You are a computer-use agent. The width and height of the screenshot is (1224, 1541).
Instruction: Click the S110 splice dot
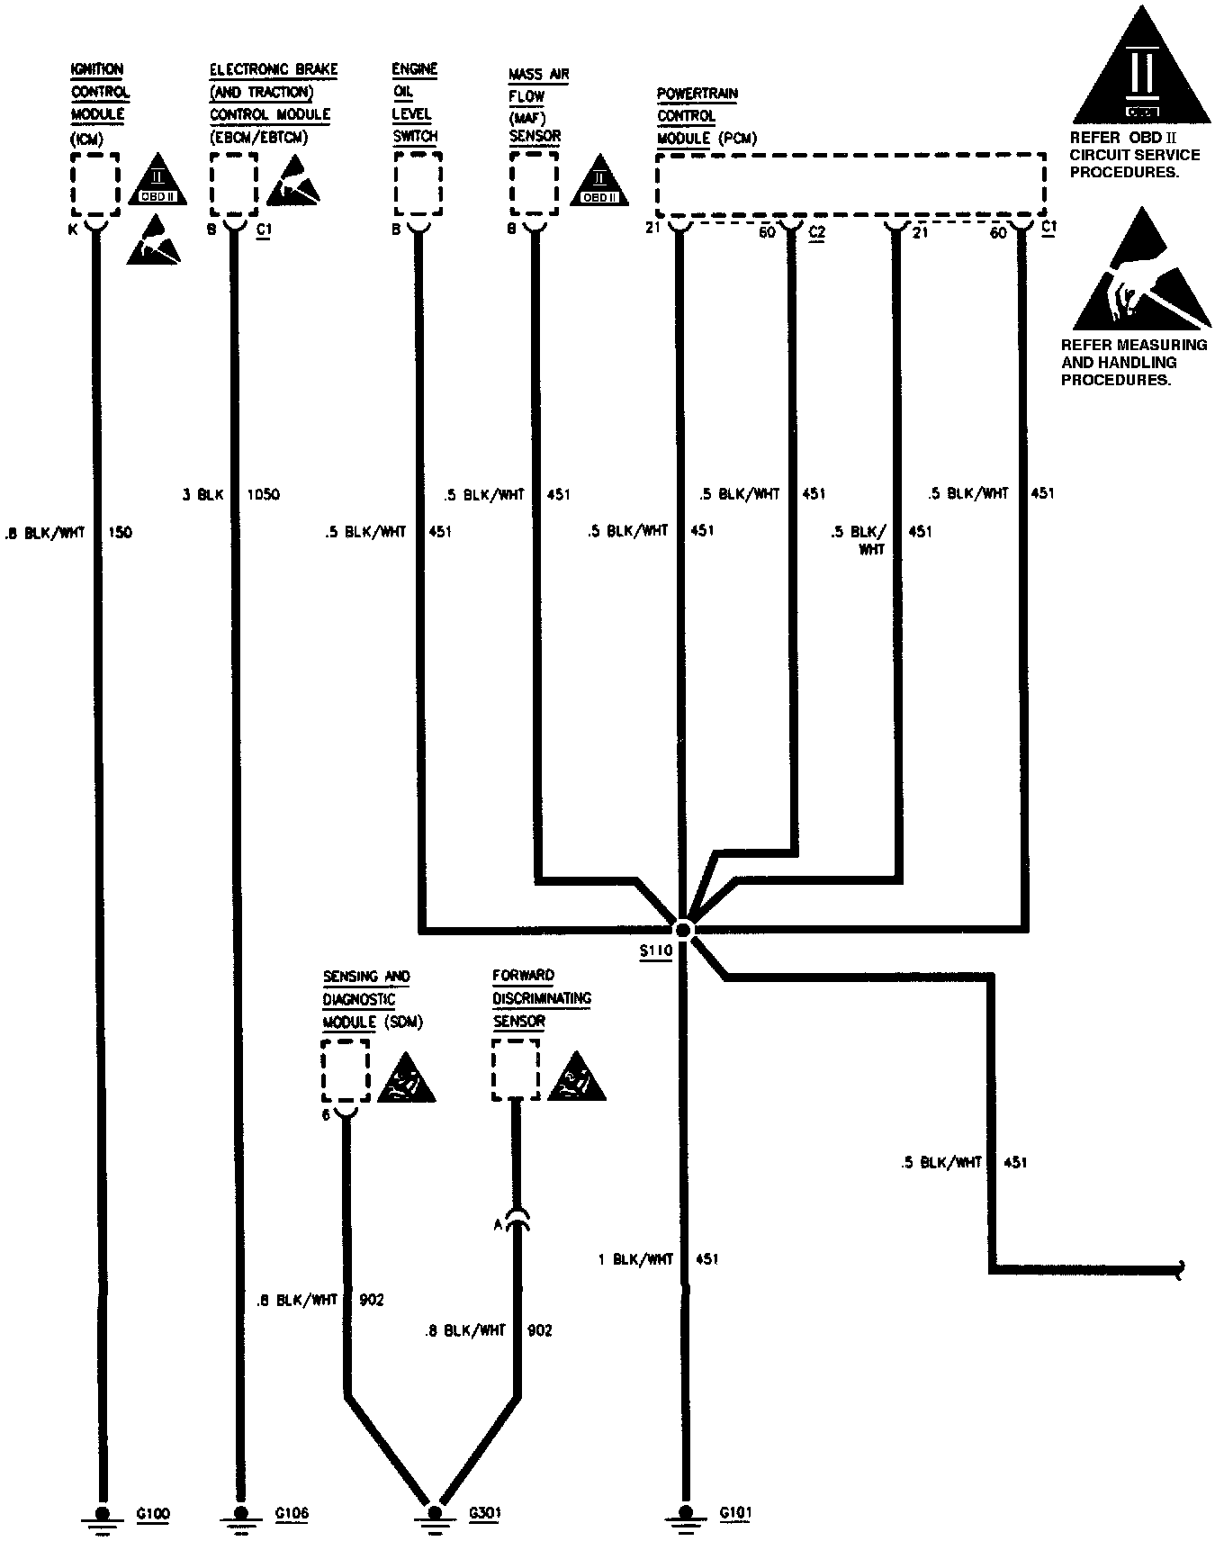click(x=683, y=929)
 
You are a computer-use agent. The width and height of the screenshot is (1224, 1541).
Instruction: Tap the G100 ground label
click(x=153, y=1514)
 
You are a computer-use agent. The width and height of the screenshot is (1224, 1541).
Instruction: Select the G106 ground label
click(x=291, y=1514)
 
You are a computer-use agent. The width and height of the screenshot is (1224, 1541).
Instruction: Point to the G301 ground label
click(x=484, y=1514)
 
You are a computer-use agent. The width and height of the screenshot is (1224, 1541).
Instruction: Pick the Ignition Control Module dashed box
click(x=94, y=185)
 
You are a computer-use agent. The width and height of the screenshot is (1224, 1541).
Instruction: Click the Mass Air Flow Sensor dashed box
click(x=535, y=184)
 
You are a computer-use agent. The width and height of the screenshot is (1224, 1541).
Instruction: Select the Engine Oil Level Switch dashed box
click(x=418, y=184)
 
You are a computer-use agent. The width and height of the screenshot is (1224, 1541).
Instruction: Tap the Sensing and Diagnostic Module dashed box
click(x=346, y=1070)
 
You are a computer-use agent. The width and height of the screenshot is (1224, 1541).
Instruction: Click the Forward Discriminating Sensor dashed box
click(x=516, y=1069)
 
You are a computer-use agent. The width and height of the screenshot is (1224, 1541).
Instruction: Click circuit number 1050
click(x=263, y=494)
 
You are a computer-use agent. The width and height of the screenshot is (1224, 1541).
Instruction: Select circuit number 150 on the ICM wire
click(x=119, y=532)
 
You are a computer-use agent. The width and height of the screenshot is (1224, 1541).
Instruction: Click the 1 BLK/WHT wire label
click(x=635, y=1259)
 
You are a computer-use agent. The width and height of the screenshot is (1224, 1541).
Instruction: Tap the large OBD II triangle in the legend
click(x=1140, y=72)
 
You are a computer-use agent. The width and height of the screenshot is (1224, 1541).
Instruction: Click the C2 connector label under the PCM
click(x=817, y=232)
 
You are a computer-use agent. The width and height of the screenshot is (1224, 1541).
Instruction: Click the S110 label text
click(x=656, y=953)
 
